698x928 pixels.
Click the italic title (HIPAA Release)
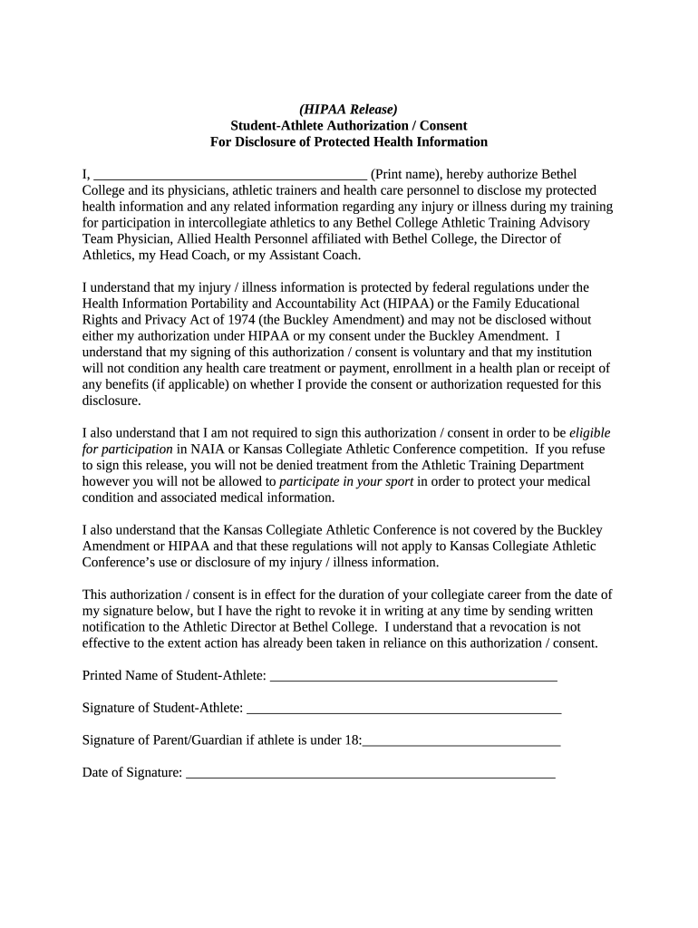[x=348, y=110]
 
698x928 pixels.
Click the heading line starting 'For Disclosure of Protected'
[x=348, y=142]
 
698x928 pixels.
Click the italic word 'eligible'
[x=589, y=433]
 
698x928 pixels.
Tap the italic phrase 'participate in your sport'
[x=346, y=482]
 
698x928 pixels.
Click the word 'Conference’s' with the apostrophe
[x=119, y=563]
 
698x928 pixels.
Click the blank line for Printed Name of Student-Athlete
[x=413, y=677]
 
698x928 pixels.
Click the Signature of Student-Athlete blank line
[x=403, y=709]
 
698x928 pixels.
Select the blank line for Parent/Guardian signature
[x=461, y=741]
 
